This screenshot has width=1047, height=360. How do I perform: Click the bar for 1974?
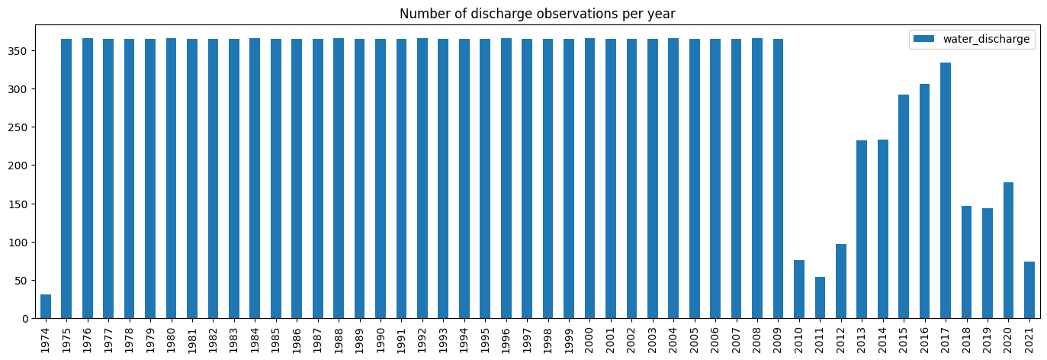46,307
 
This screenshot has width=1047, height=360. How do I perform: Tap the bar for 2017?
946,191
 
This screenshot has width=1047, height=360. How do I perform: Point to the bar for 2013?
862,230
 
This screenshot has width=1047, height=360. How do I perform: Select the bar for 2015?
904,207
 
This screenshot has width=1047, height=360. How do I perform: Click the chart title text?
537,14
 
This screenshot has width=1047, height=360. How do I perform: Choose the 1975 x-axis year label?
66,338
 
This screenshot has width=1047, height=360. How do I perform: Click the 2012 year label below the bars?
841,338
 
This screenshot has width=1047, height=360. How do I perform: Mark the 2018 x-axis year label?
967,338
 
